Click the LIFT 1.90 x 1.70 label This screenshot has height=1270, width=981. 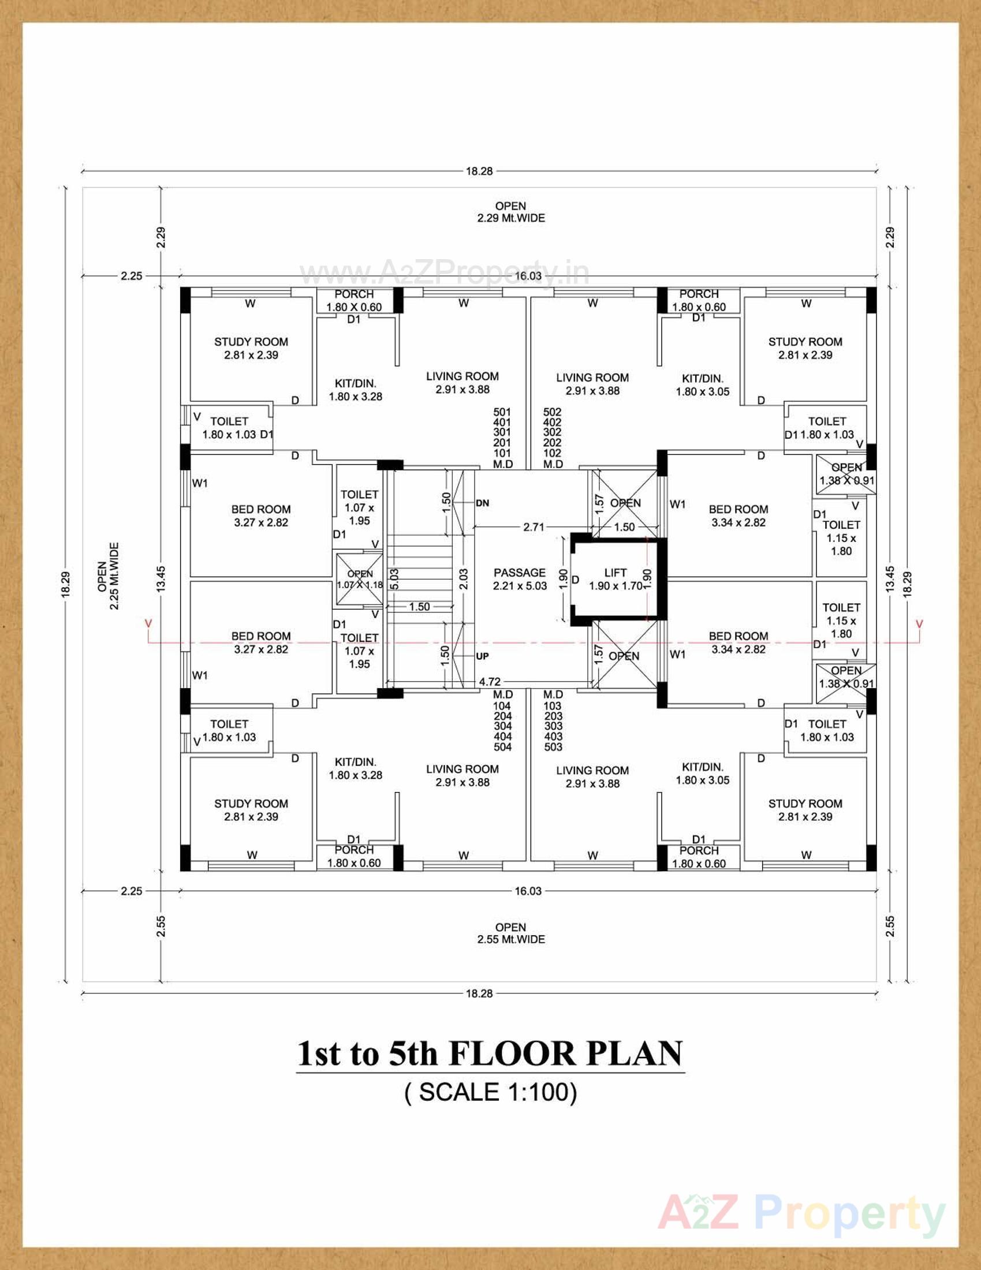point(616,580)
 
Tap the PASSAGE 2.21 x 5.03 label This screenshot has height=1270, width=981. point(519,579)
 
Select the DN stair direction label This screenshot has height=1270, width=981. point(482,503)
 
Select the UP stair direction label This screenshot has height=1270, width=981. point(482,656)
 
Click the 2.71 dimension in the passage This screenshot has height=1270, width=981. point(534,527)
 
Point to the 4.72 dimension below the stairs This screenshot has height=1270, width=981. point(490,681)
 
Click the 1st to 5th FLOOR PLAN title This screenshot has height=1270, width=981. point(490,1054)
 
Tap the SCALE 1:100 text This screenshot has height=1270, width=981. point(490,1092)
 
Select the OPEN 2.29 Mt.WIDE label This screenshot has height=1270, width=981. point(510,212)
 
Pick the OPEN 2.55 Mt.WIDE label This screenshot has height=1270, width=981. point(510,933)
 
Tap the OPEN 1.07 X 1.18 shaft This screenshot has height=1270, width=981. point(359,579)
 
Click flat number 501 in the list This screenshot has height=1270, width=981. point(502,412)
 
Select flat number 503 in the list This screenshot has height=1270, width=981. point(553,746)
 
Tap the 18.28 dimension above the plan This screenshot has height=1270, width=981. point(479,171)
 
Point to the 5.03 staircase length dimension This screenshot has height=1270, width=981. point(394,579)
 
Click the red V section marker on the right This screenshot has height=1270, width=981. point(919,624)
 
